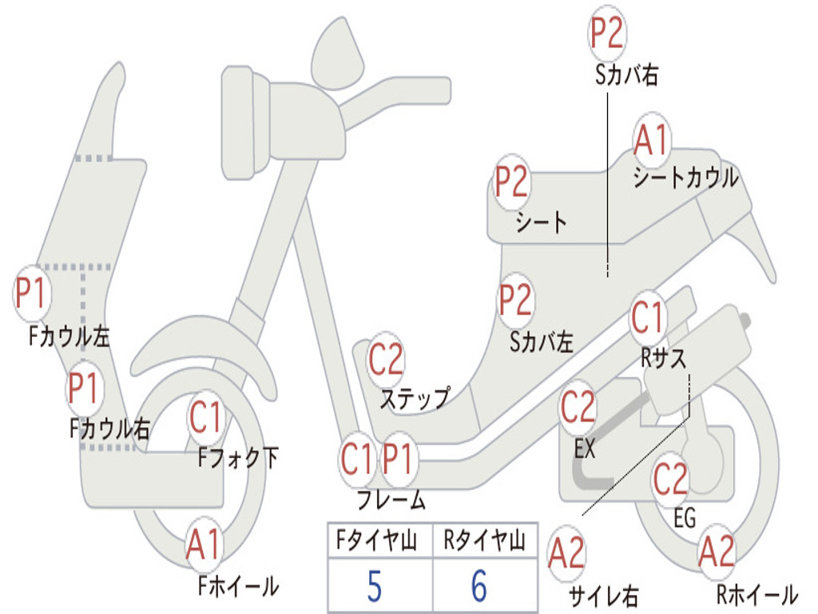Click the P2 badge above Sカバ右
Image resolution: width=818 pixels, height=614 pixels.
pyautogui.click(x=607, y=34)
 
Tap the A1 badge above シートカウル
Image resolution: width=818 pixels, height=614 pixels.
pyautogui.click(x=652, y=139)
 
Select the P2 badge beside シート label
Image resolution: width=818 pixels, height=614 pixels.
pyautogui.click(x=512, y=181)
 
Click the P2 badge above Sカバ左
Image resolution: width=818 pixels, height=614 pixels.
pyautogui.click(x=516, y=300)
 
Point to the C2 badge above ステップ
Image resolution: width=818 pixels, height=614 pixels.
pyautogui.click(x=386, y=359)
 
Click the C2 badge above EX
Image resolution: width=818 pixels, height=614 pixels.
pyautogui.click(x=578, y=407)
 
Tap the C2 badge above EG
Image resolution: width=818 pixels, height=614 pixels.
pyautogui.click(x=671, y=479)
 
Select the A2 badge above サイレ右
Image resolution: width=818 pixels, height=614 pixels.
pyautogui.click(x=567, y=553)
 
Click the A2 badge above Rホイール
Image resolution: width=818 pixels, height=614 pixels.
pyautogui.click(x=717, y=552)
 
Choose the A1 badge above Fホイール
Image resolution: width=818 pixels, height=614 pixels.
pyautogui.click(x=204, y=544)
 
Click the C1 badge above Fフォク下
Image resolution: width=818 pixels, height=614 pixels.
pyautogui.click(x=206, y=417)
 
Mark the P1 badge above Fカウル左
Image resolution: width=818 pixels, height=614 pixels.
pyautogui.click(x=32, y=293)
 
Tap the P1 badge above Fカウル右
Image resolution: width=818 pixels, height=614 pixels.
pyautogui.click(x=83, y=388)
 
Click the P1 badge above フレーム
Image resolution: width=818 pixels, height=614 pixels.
pyautogui.click(x=399, y=459)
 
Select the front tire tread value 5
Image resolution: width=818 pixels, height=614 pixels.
pyautogui.click(x=375, y=586)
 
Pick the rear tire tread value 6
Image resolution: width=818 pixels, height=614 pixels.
pyautogui.click(x=479, y=586)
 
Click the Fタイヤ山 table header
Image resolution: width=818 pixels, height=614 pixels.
pyautogui.click(x=377, y=540)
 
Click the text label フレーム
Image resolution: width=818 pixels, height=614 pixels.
pyautogui.click(x=391, y=500)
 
